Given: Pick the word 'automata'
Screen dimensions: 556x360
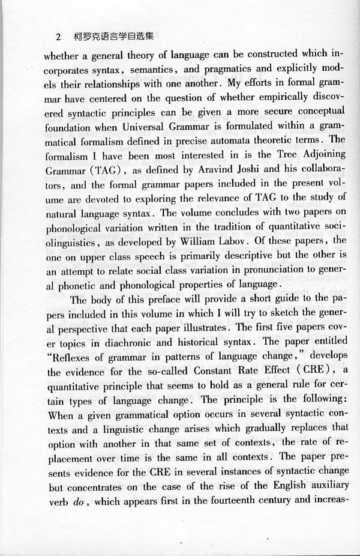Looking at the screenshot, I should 219,141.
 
